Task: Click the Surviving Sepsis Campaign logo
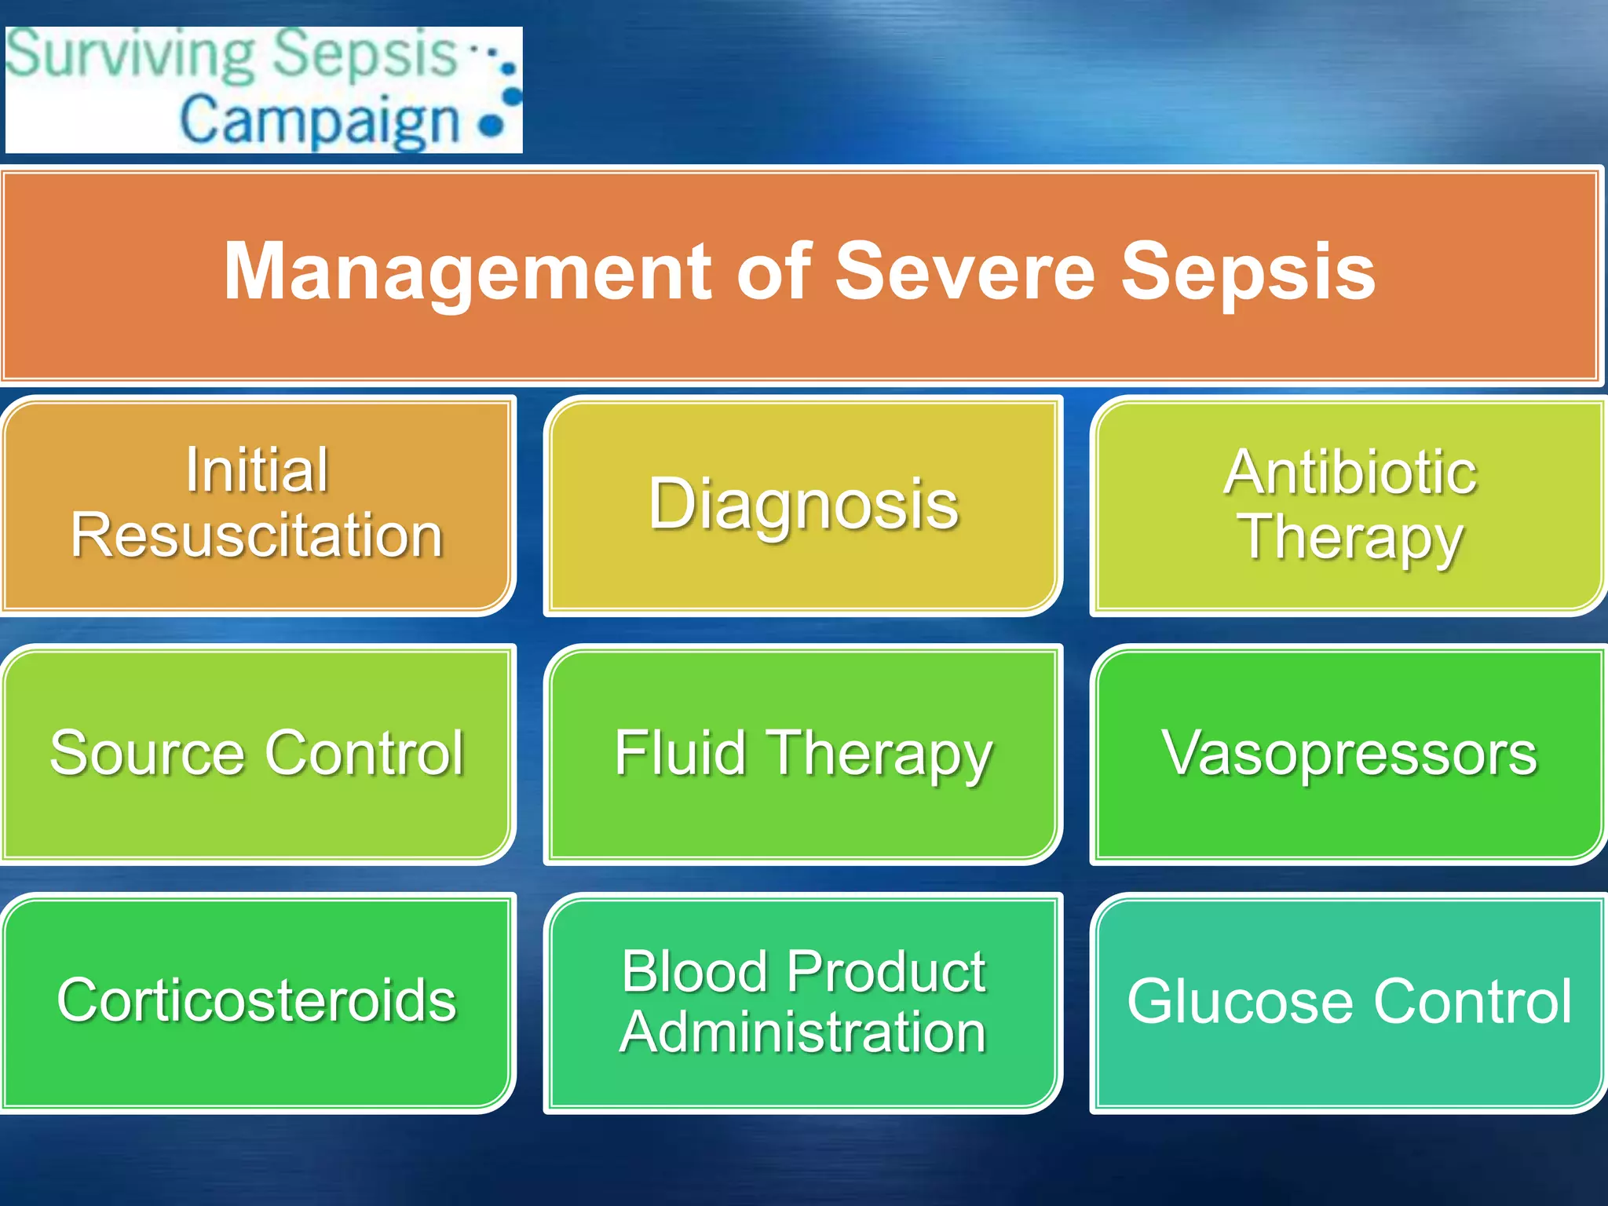pyautogui.click(x=264, y=90)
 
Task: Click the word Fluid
pyautogui.click(x=679, y=753)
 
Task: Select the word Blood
pyautogui.click(x=694, y=971)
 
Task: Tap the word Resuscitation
pyautogui.click(x=258, y=535)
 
